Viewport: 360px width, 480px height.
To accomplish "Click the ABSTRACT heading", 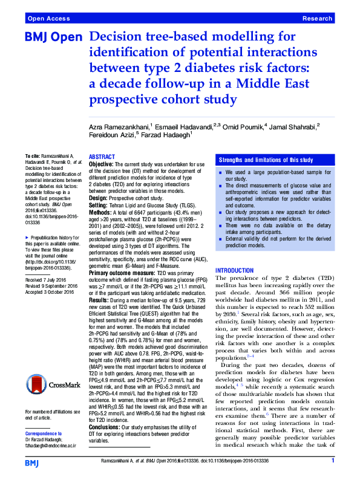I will point(102,156).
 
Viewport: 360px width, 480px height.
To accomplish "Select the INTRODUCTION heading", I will point(235,270).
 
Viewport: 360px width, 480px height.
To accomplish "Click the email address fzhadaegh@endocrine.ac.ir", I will point(51,445).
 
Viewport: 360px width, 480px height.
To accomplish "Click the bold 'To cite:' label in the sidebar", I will point(34,156).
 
